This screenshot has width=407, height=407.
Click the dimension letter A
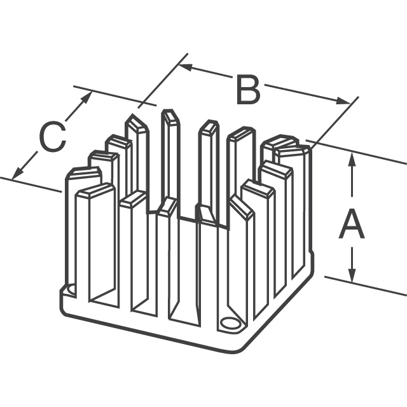351,226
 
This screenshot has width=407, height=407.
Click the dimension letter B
248,90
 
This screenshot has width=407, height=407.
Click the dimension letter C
52,137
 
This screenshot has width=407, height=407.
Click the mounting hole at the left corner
70,290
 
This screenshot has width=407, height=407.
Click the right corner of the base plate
312,254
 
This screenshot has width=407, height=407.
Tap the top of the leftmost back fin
84,174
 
